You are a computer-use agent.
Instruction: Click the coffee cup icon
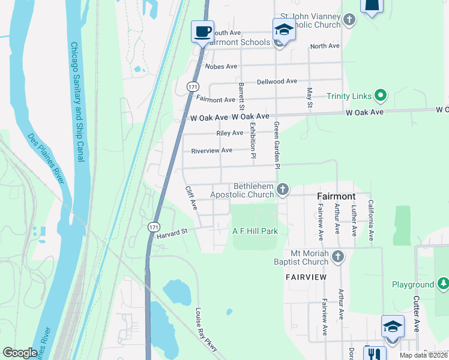pos(202,31)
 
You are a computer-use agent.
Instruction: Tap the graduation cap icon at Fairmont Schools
pos(283,29)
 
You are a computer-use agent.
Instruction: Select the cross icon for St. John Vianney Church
pos(349,20)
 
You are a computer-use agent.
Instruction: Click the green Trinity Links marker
pos(379,95)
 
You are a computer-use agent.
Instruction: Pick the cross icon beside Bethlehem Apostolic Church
pos(282,190)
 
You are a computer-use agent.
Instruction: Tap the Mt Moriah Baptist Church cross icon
pos(338,257)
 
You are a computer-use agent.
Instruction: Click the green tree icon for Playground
pos(443,283)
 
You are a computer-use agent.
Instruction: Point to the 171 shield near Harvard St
pos(154,226)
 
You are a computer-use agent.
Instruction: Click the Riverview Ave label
pos(211,151)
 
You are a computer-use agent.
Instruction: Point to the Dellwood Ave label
pos(277,81)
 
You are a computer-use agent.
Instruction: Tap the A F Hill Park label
pos(255,231)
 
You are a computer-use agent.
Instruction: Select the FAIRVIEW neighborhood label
pos(306,277)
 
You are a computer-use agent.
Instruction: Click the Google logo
pos(20,353)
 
